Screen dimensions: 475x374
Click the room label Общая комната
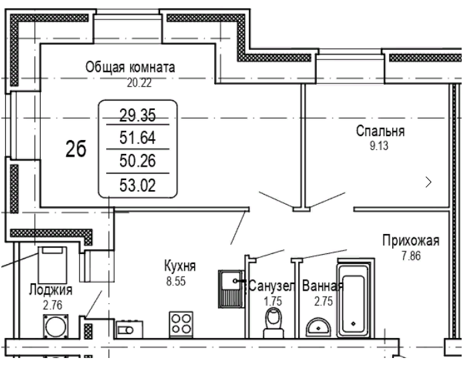[130, 67]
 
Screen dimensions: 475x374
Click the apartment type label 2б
[75, 151]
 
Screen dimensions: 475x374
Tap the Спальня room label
[380, 131]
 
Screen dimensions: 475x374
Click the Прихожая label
[410, 240]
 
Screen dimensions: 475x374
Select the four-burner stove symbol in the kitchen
[182, 323]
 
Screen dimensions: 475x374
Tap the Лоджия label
[51, 290]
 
